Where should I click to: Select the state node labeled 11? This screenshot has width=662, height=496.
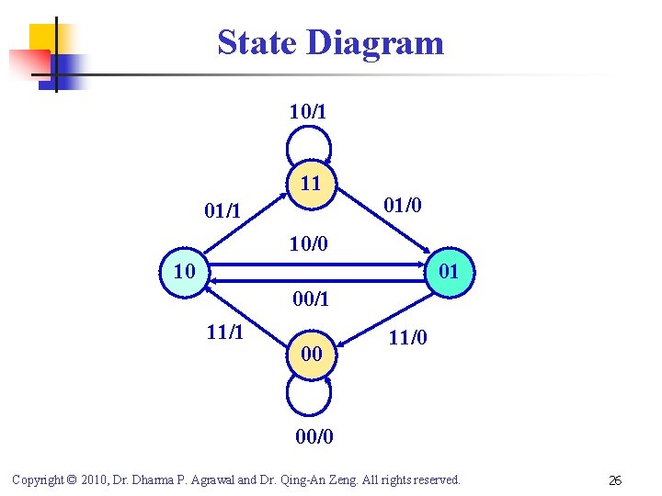coord(311,183)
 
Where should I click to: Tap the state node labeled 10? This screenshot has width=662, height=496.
coord(185,272)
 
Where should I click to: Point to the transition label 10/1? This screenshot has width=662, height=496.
coord(308,112)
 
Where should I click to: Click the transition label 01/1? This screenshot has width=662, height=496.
coord(223,211)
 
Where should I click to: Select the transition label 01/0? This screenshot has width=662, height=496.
coord(403,204)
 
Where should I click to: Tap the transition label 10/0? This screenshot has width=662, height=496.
coord(309,243)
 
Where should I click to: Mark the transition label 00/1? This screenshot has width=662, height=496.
coord(311,299)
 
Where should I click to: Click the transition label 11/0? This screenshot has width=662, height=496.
coord(407,338)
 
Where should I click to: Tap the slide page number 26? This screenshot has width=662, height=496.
coord(615,479)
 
